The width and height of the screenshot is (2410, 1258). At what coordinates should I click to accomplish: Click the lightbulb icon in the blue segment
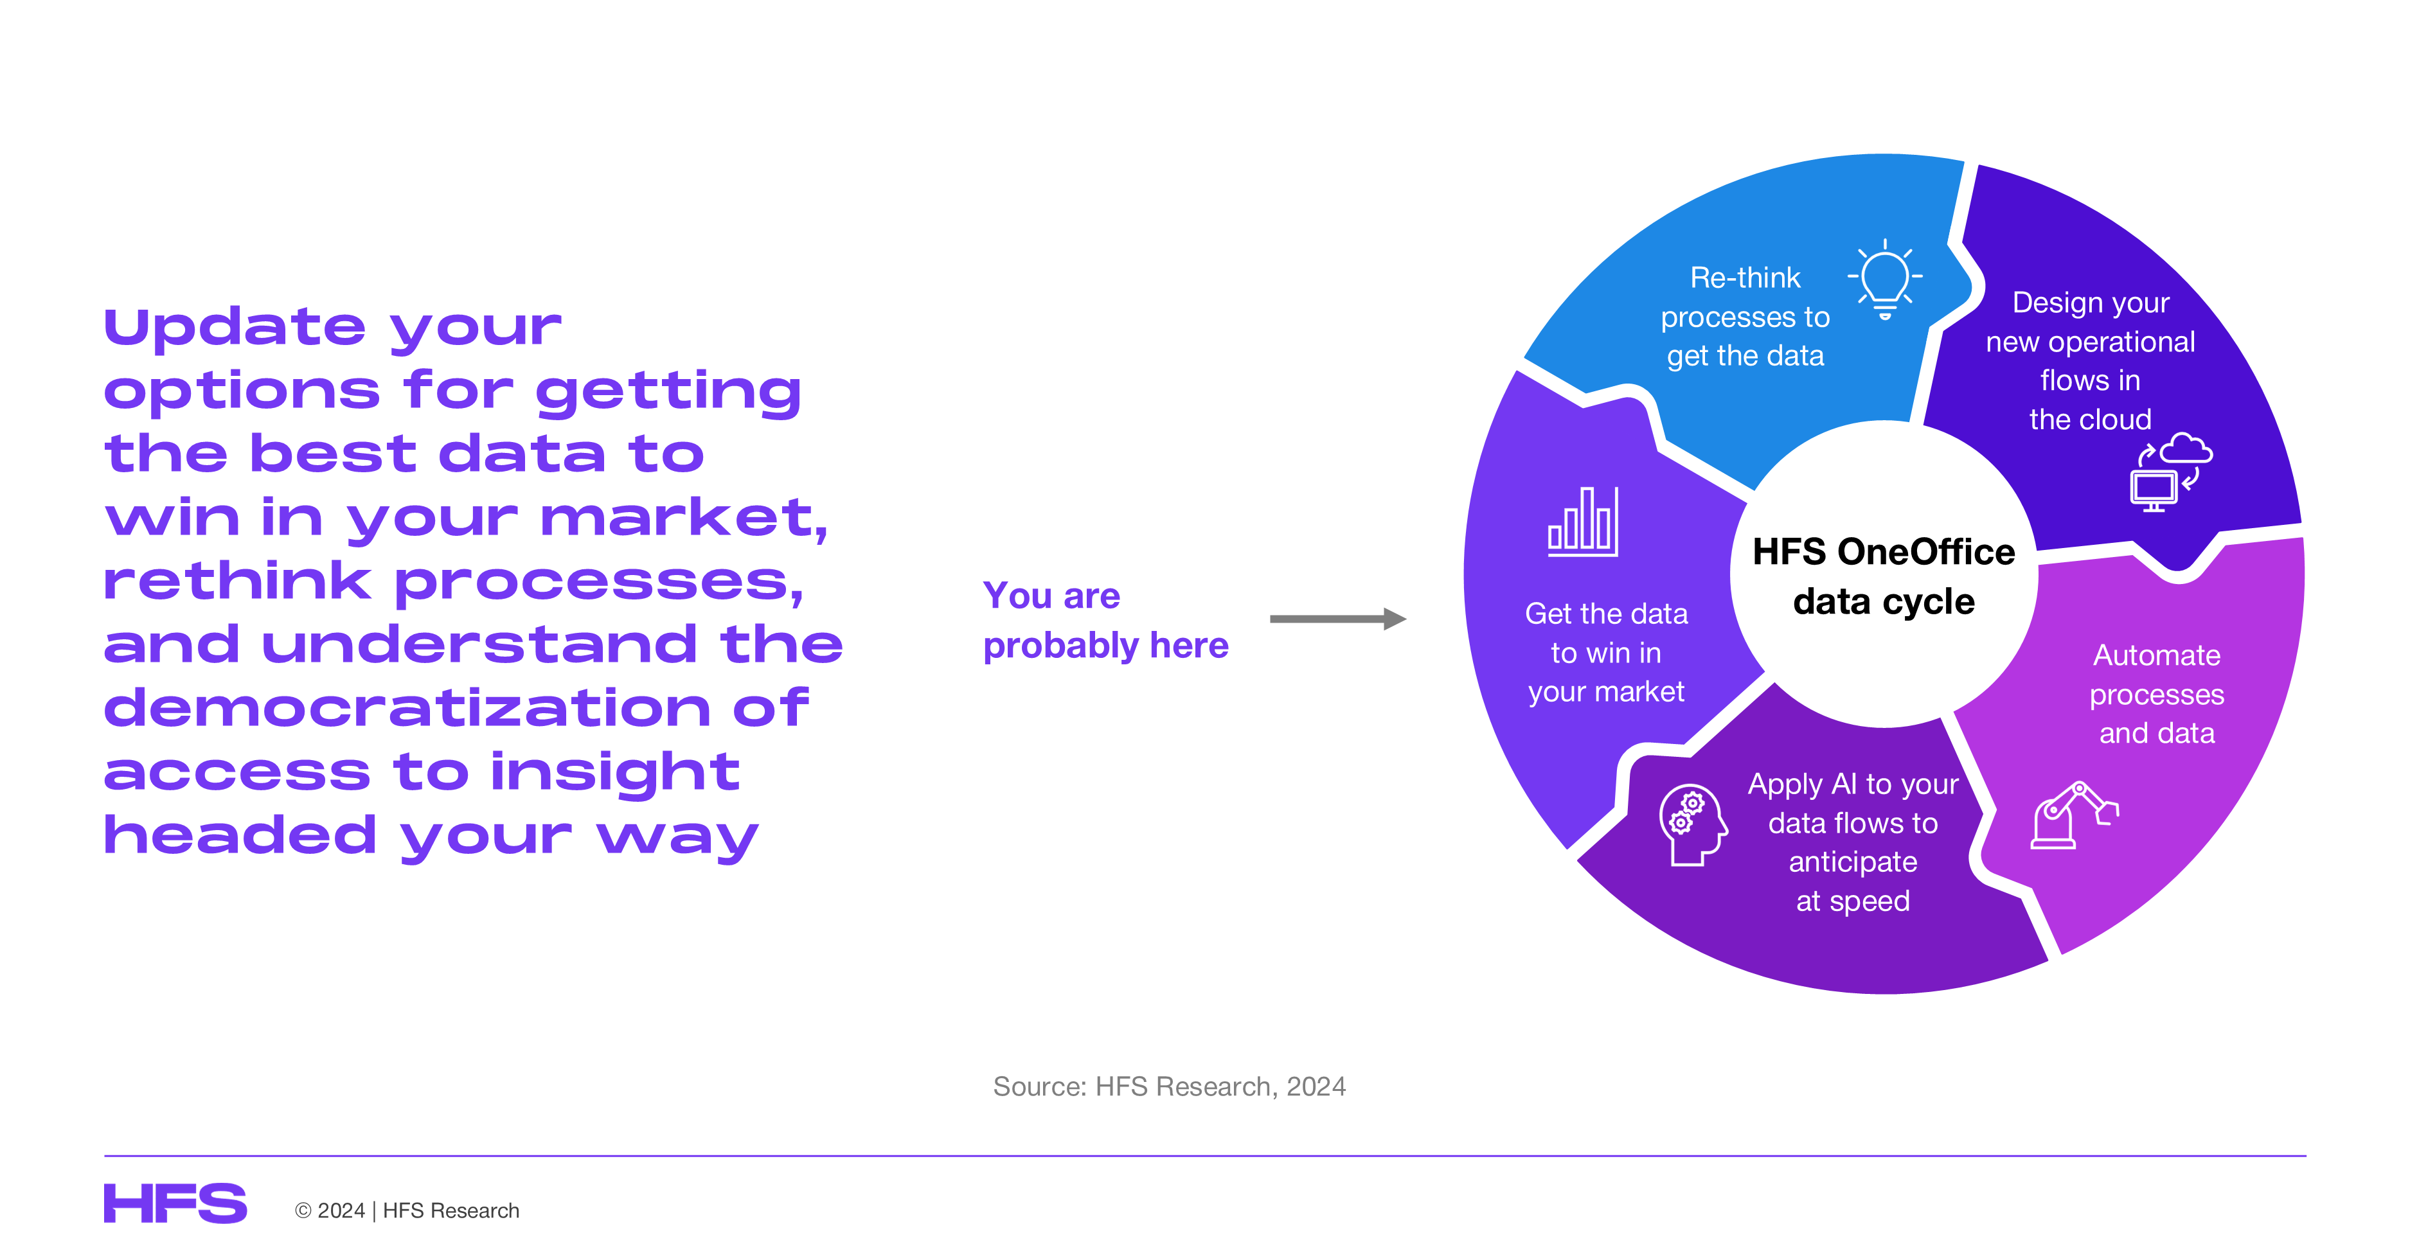point(1884,279)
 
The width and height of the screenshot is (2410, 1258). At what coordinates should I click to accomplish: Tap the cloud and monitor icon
point(2170,472)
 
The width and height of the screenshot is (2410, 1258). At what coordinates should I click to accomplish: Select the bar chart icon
point(1583,522)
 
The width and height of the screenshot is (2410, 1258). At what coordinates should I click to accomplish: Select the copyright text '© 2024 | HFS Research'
point(407,1210)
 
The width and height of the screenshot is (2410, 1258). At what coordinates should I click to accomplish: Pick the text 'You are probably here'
point(1105,620)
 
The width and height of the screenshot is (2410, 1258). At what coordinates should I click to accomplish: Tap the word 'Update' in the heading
point(234,328)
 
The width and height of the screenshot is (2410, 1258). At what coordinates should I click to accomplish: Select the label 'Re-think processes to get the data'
point(1745,316)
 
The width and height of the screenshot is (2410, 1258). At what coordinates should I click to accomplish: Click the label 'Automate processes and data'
point(2156,694)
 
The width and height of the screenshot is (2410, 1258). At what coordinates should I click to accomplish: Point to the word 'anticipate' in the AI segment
point(1852,862)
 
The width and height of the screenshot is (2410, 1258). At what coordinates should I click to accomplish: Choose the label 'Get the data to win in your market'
point(1607,652)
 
